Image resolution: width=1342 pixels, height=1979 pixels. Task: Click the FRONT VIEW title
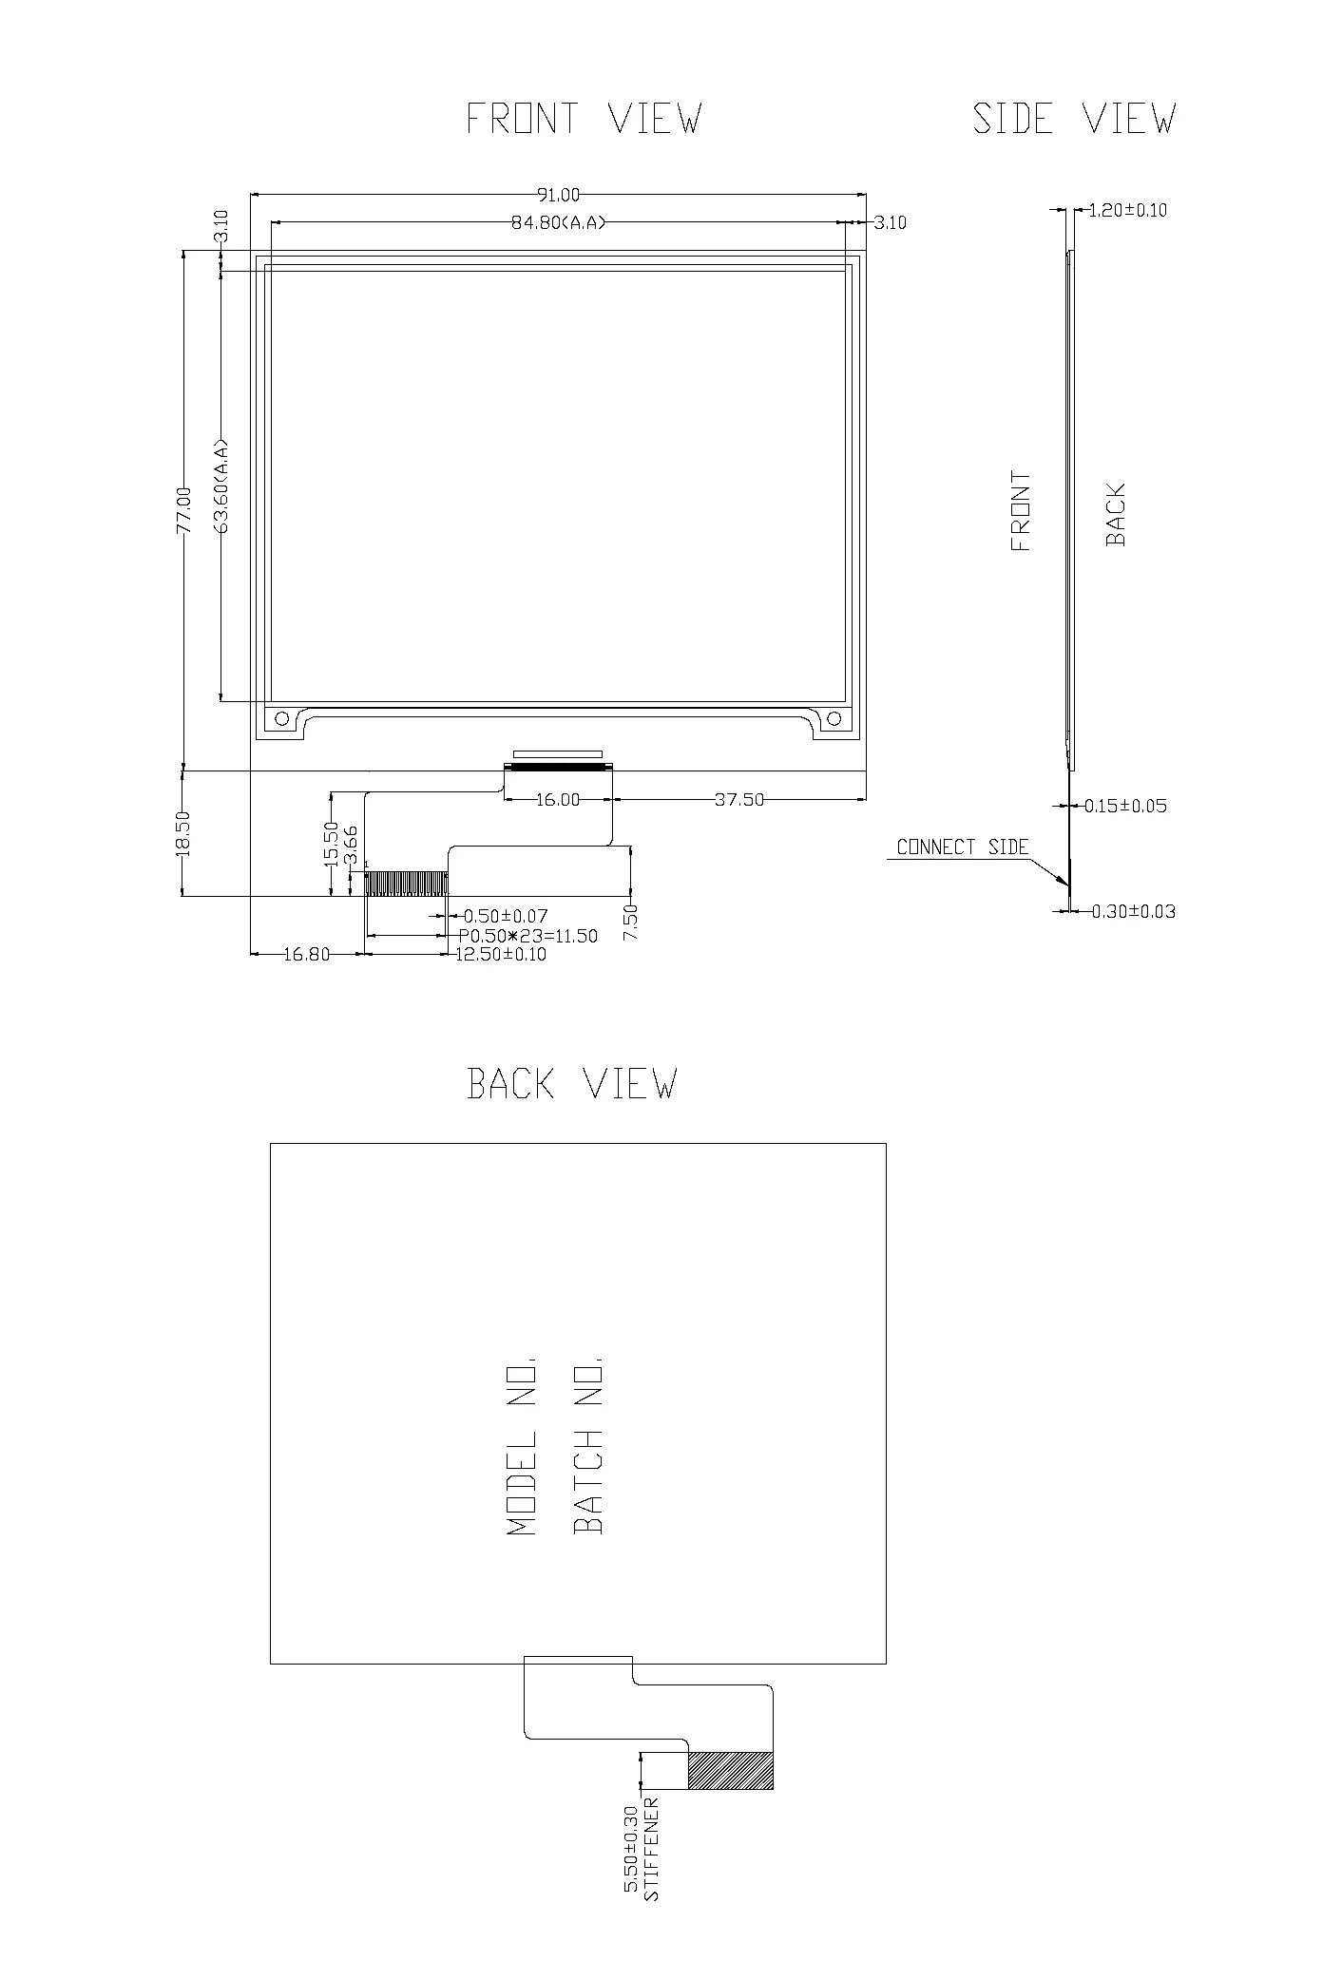[x=584, y=119]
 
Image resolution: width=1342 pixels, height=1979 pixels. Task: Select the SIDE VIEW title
[x=1074, y=119]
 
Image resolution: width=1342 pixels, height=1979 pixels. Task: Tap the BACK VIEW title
[x=572, y=1084]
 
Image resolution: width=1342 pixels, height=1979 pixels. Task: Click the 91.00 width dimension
[x=559, y=195]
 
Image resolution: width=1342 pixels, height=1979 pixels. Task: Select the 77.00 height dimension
[x=183, y=510]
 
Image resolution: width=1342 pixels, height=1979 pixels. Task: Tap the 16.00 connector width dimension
[x=558, y=800]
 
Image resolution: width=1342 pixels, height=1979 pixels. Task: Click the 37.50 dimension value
[x=739, y=800]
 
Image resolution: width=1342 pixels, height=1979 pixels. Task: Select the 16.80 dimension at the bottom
[x=306, y=955]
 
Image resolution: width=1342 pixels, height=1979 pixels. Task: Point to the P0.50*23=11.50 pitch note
[x=528, y=936]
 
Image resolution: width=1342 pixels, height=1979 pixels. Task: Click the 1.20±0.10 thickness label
[x=1127, y=210]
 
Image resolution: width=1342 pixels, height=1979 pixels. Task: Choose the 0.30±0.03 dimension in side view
[x=1133, y=912]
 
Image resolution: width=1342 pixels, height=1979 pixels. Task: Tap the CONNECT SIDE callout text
[x=963, y=847]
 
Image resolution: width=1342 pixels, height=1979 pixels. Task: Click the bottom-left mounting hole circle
[x=281, y=719]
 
